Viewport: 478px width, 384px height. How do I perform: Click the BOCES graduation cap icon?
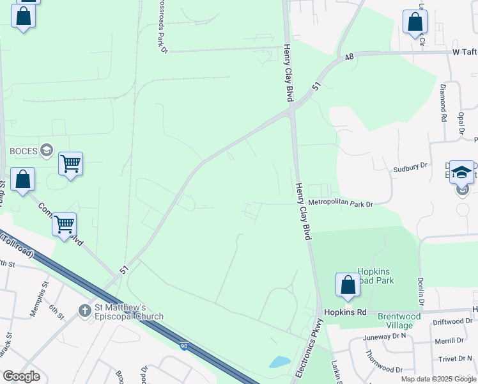click(46, 151)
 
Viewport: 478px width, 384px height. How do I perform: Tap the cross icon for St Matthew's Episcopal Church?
click(84, 310)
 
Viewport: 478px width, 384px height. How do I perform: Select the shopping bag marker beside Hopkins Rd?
click(348, 285)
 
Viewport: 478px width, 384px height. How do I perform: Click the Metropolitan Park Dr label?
click(340, 204)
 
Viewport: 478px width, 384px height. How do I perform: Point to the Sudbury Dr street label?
click(410, 167)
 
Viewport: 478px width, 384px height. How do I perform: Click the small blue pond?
click(280, 362)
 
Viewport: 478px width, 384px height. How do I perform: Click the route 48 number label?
click(348, 58)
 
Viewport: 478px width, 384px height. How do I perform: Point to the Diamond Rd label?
click(442, 102)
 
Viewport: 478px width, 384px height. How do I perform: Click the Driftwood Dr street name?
click(453, 322)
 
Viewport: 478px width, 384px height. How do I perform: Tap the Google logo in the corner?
click(21, 376)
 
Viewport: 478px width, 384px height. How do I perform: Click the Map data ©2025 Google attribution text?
click(438, 379)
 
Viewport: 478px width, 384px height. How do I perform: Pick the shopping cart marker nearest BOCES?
click(70, 164)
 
